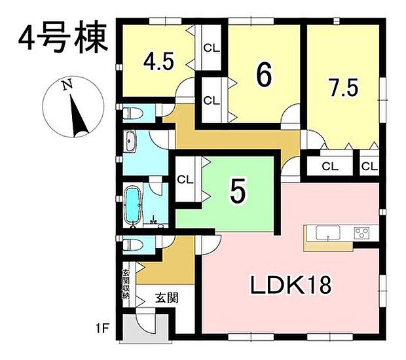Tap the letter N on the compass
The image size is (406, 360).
tap(65, 84)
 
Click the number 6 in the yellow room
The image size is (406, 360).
tap(264, 75)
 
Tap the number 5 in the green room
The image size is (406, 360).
tap(238, 192)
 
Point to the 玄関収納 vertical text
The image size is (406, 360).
tap(126, 283)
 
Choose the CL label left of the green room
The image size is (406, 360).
tap(185, 179)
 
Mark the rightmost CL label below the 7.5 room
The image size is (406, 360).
tap(369, 166)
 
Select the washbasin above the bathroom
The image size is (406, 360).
tap(130, 140)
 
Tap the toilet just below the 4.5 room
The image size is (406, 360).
tap(133, 113)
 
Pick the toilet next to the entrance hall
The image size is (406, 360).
tap(133, 244)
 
